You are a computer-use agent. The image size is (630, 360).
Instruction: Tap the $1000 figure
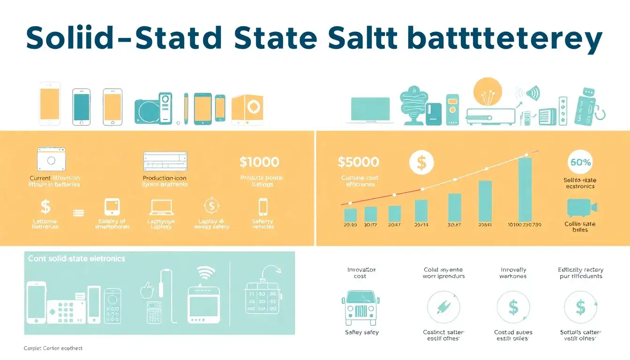pyautogui.click(x=259, y=162)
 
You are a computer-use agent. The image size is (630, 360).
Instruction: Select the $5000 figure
pyautogui.click(x=358, y=162)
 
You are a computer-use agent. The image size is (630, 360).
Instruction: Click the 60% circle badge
pyautogui.click(x=580, y=163)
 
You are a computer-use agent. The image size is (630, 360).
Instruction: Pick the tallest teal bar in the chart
pyautogui.click(x=525, y=189)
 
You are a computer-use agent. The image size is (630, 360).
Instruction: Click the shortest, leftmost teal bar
pyautogui.click(x=351, y=215)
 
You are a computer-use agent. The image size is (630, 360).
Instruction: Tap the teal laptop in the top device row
pyautogui.click(x=371, y=111)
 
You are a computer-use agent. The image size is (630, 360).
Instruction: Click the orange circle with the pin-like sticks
pyautogui.click(x=487, y=92)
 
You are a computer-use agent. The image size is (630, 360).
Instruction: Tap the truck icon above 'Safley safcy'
pyautogui.click(x=360, y=307)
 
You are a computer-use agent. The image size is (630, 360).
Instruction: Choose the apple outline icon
pyautogui.click(x=147, y=291)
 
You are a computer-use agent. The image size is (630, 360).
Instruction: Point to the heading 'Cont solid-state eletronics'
pyautogui.click(x=76, y=258)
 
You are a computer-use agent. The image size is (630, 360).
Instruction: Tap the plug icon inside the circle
pyautogui.click(x=443, y=307)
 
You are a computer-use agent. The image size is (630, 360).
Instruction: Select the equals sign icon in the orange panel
pyautogui.click(x=78, y=212)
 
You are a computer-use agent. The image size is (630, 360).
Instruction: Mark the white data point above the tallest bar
pyautogui.click(x=526, y=154)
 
